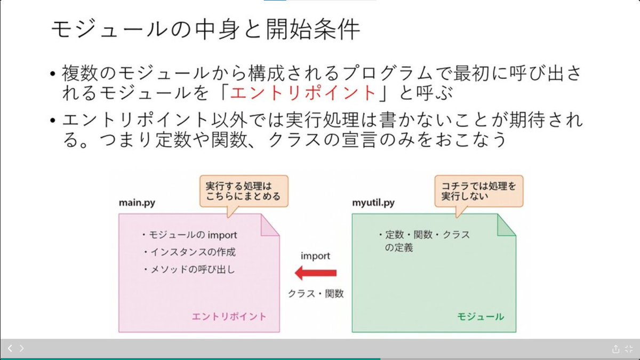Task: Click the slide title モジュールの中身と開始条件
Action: (x=205, y=30)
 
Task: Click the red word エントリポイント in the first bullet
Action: (x=303, y=93)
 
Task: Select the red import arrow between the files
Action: (x=316, y=274)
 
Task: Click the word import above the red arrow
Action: (x=315, y=256)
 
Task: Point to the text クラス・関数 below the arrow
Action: (x=316, y=293)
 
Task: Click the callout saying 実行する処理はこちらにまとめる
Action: (x=243, y=191)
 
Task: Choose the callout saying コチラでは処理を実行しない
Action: (x=478, y=191)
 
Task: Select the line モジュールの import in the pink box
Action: (x=189, y=235)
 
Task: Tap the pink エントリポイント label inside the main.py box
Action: (x=229, y=316)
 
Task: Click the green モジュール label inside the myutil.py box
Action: (x=480, y=316)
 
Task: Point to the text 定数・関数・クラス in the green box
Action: (x=424, y=235)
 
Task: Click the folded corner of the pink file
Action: (x=270, y=225)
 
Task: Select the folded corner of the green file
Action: (x=506, y=225)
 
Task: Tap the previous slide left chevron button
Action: (x=10, y=348)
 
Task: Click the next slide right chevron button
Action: (x=21, y=348)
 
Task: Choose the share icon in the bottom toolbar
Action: (x=615, y=349)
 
